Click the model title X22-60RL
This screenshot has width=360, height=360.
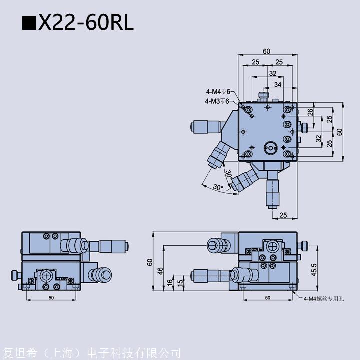(x=86, y=22)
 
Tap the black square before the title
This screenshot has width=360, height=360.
(x=29, y=23)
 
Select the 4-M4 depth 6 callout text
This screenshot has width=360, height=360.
(x=218, y=92)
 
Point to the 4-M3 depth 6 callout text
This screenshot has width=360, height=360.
(x=217, y=101)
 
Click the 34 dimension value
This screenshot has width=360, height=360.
(x=278, y=84)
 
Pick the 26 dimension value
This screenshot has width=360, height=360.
(x=310, y=112)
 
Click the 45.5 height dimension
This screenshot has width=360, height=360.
(x=314, y=270)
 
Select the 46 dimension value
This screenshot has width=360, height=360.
(x=160, y=271)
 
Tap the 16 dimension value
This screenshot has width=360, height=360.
(x=170, y=282)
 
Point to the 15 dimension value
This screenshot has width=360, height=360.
(x=181, y=282)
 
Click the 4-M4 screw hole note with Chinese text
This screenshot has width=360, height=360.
(x=324, y=298)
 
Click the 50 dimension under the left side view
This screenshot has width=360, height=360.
(x=51, y=298)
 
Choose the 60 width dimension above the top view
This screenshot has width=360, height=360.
(x=266, y=51)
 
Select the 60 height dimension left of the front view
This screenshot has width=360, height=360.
(x=149, y=262)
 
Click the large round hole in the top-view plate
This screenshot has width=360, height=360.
(x=270, y=148)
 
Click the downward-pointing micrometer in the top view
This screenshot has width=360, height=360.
(x=273, y=194)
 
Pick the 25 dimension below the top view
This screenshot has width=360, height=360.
(x=283, y=215)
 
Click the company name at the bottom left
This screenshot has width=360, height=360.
(x=92, y=353)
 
